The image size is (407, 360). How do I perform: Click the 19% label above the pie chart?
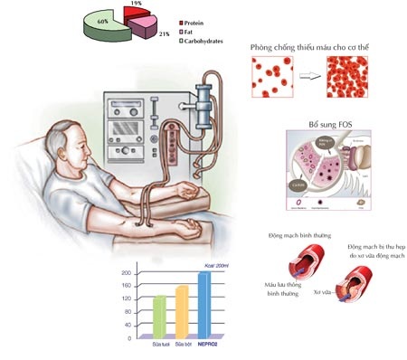137,4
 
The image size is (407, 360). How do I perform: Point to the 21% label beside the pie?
165,33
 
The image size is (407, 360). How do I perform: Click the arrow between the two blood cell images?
312,78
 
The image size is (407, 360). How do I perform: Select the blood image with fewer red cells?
272,78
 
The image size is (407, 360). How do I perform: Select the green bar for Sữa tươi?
159,315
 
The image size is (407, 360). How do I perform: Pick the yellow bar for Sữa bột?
182,310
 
